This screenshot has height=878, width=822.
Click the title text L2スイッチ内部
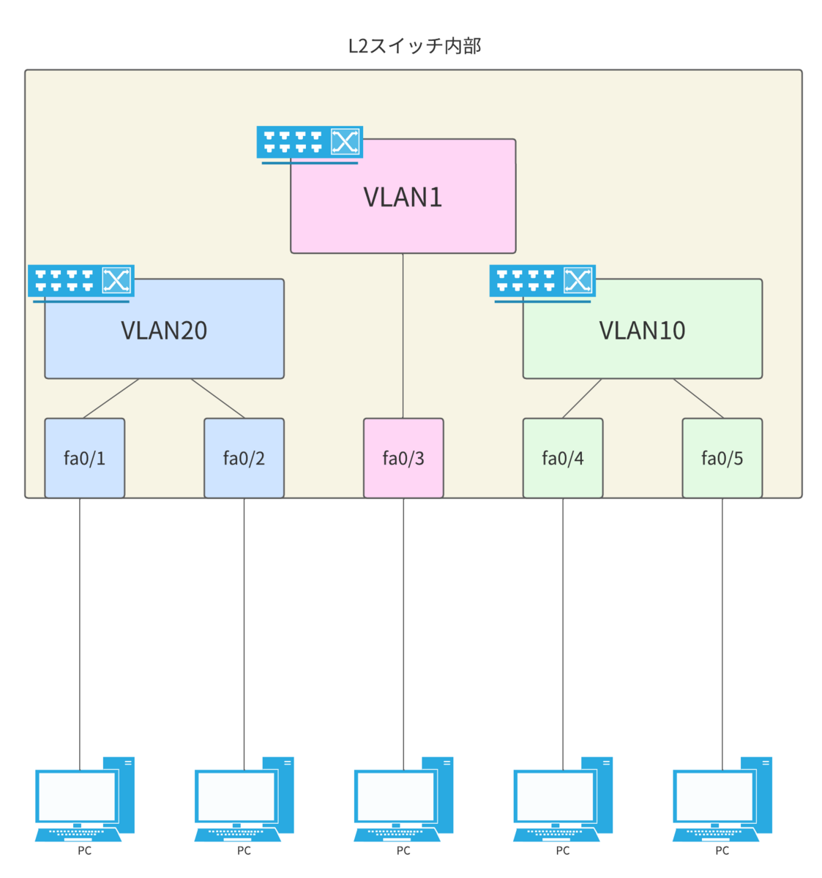[x=414, y=46]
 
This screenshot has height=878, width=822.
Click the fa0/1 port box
[x=84, y=458]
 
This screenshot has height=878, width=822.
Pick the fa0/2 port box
[x=244, y=458]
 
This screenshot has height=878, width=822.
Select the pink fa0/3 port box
[x=403, y=458]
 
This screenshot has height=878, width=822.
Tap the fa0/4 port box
[x=563, y=458]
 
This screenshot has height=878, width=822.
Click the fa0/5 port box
[x=722, y=458]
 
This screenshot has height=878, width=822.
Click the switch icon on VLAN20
[x=81, y=282]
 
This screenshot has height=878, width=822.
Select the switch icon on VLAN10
[x=542, y=282]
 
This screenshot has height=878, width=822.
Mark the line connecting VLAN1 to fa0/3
[x=403, y=337]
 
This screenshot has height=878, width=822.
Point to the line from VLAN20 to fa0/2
[x=218, y=399]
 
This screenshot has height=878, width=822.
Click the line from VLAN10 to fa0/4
[x=582, y=399]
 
